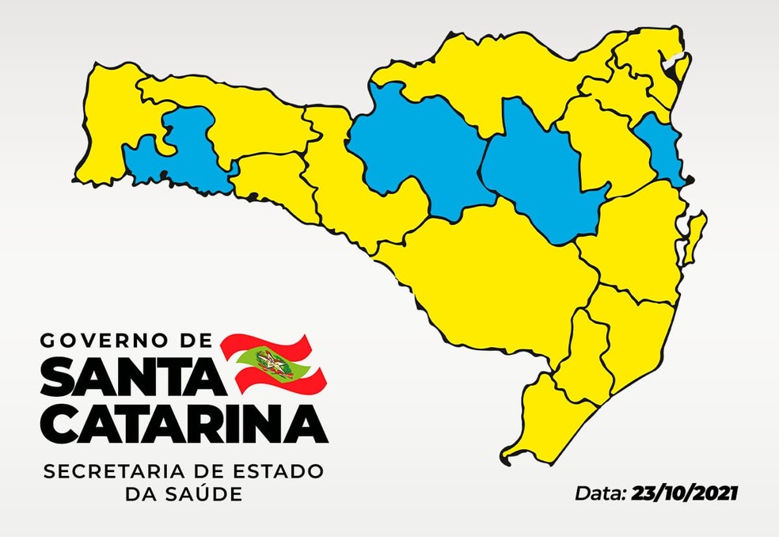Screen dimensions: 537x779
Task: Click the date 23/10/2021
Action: click(685, 493)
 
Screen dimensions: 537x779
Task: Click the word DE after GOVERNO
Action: click(193, 341)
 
